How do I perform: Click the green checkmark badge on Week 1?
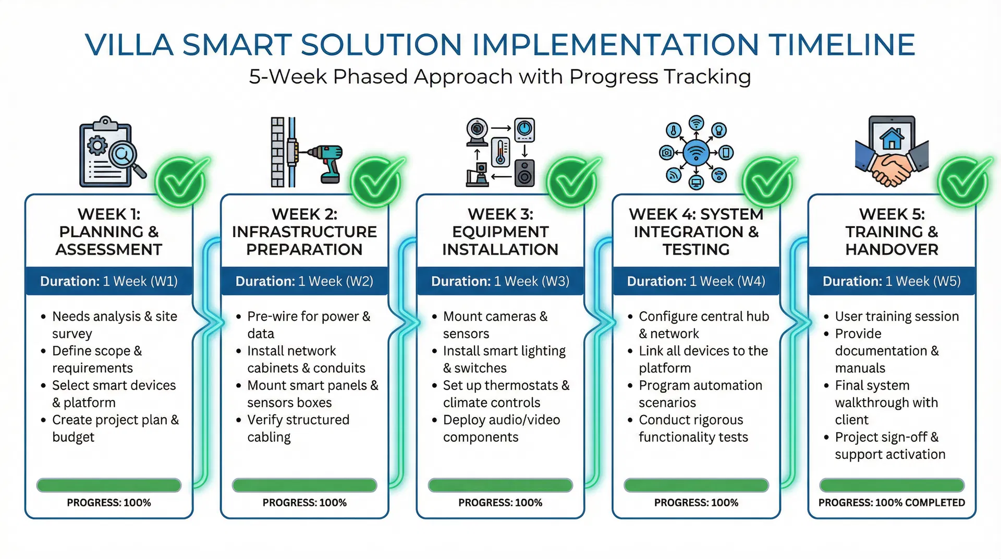(180, 182)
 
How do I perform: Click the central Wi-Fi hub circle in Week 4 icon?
(696, 153)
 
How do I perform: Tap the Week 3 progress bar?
(500, 485)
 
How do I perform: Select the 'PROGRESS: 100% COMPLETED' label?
(892, 503)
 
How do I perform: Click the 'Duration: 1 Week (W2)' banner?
(304, 282)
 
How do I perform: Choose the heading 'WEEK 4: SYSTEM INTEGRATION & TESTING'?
(696, 232)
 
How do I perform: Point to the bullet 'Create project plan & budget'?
(115, 428)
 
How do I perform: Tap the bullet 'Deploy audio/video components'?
(500, 428)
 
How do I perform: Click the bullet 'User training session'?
(896, 317)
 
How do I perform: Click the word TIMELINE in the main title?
(841, 44)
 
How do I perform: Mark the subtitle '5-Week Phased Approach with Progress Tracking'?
(500, 77)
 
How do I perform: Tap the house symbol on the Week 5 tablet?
(892, 138)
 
